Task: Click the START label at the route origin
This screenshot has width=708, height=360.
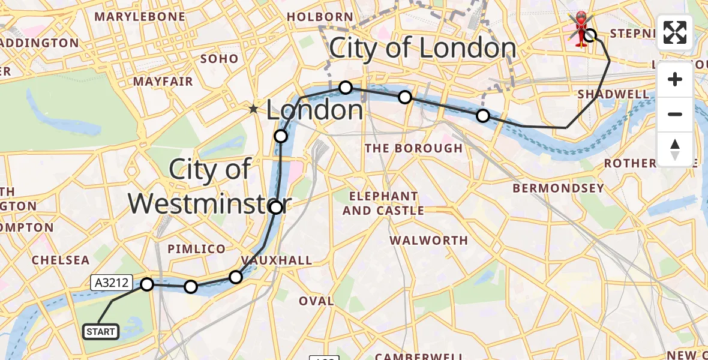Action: tap(101, 332)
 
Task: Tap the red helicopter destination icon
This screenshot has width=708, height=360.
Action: tap(580, 28)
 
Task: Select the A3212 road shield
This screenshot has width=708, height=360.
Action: tap(111, 283)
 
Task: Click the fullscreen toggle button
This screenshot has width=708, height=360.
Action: tap(675, 32)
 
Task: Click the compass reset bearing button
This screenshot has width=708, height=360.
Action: tap(675, 149)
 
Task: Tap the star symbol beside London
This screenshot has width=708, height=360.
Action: tap(254, 109)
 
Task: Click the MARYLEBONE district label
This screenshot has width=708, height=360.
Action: tap(140, 17)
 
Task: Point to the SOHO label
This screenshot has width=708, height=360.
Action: tap(219, 59)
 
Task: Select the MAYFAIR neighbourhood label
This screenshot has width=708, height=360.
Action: tap(163, 81)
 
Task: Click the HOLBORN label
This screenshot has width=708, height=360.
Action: tap(320, 17)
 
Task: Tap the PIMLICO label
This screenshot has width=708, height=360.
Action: tap(197, 249)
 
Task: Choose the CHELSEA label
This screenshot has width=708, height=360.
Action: tap(61, 260)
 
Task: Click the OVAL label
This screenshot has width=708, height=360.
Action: tap(316, 301)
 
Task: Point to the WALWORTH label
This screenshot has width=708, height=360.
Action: tap(428, 240)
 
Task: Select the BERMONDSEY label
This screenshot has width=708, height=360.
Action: tap(558, 188)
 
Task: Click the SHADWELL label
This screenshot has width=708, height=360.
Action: tap(613, 94)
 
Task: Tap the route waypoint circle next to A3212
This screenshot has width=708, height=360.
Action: tap(147, 284)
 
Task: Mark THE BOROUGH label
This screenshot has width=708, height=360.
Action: tap(414, 148)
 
